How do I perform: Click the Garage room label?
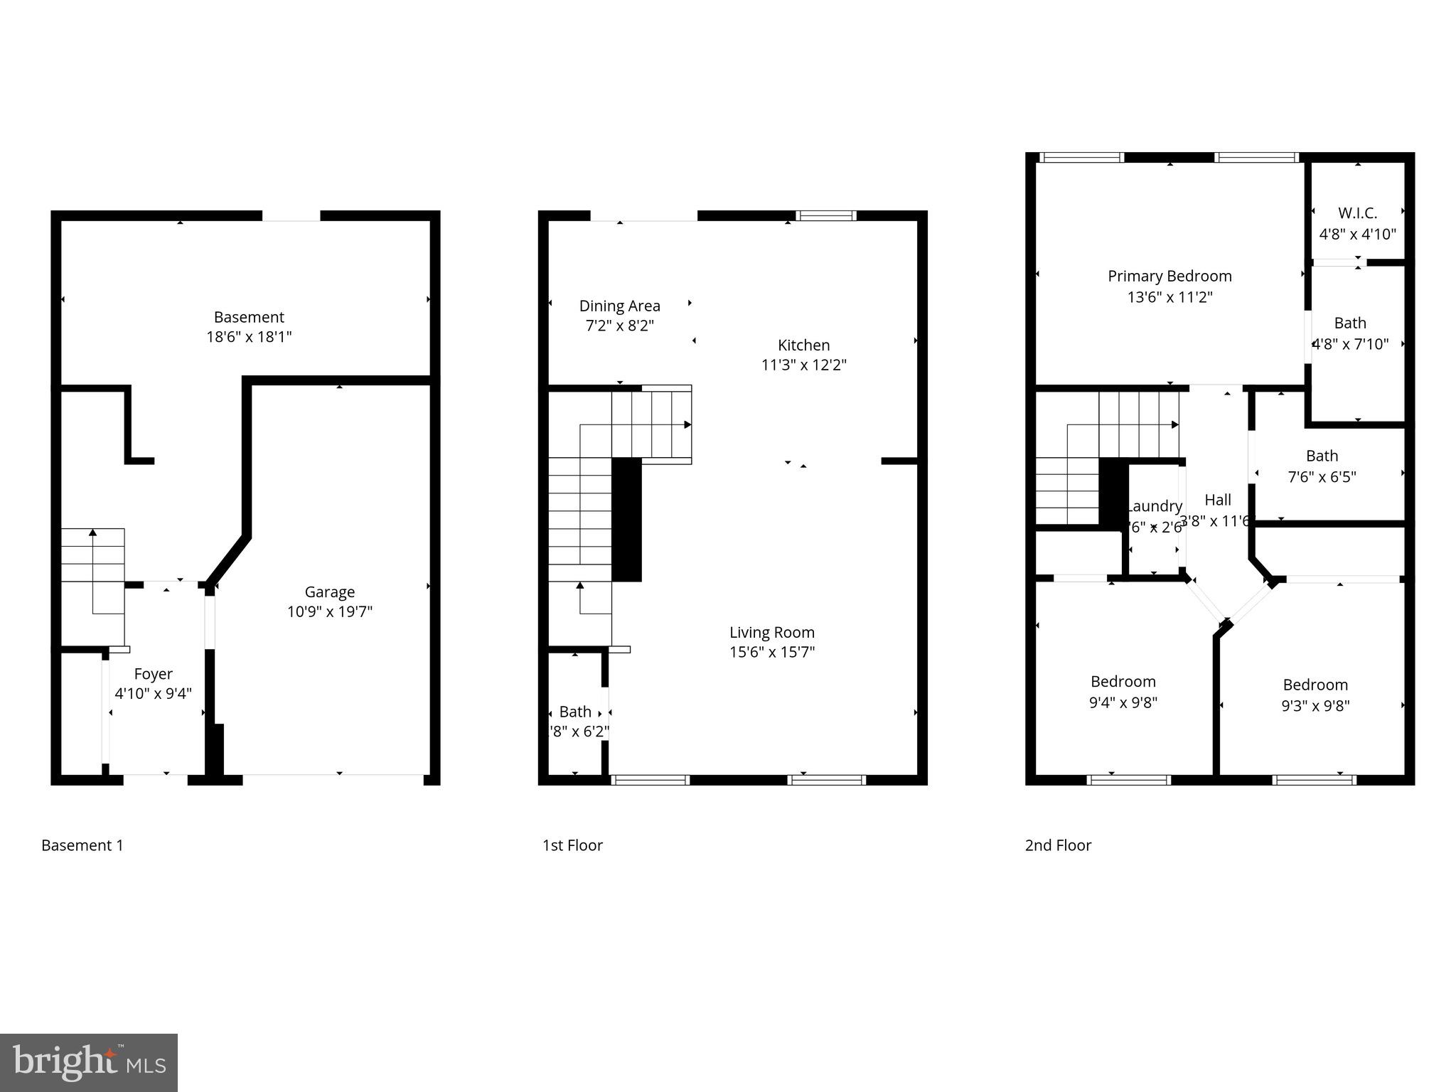(x=329, y=591)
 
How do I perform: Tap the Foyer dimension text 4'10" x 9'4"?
(x=153, y=694)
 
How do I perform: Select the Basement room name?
(x=249, y=317)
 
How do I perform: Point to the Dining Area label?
(x=619, y=306)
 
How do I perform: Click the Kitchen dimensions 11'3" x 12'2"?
(x=803, y=365)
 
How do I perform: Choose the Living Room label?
(x=771, y=632)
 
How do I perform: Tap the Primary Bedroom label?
(x=1169, y=276)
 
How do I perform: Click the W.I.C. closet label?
(x=1357, y=213)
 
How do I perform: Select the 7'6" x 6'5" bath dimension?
(x=1322, y=477)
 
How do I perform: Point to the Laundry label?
(x=1155, y=506)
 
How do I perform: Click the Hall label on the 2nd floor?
(x=1218, y=500)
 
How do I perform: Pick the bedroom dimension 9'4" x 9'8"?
(x=1123, y=702)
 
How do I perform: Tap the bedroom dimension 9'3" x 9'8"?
(x=1315, y=706)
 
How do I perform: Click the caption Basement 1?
(x=82, y=845)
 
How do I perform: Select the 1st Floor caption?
(x=572, y=845)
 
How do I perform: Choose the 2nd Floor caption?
(x=1058, y=845)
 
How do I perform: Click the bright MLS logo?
(x=89, y=1062)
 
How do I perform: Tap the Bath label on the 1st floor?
(x=575, y=712)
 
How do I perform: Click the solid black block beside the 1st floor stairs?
(x=626, y=520)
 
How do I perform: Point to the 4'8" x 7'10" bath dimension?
(x=1350, y=345)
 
